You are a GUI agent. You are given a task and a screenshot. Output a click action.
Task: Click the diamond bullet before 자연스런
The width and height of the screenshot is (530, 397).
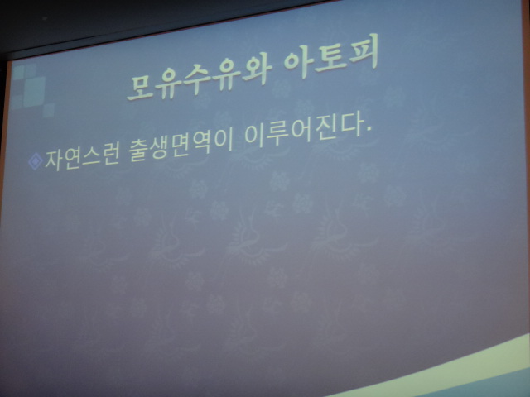click(36, 161)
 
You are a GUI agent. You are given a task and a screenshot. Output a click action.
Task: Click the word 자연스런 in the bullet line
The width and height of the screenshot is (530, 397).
click(82, 158)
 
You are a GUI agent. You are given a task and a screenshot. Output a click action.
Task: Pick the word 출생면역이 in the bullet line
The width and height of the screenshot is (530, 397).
click(181, 146)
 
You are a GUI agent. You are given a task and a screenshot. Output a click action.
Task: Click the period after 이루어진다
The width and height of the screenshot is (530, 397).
click(369, 129)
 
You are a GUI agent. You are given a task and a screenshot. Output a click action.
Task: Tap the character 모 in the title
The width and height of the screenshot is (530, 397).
click(141, 87)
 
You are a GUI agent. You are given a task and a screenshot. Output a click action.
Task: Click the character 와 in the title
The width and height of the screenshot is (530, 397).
click(257, 70)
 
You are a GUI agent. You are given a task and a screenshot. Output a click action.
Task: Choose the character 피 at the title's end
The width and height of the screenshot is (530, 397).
click(364, 50)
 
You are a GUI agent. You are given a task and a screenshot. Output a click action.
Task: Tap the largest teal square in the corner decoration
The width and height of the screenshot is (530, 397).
click(35, 91)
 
